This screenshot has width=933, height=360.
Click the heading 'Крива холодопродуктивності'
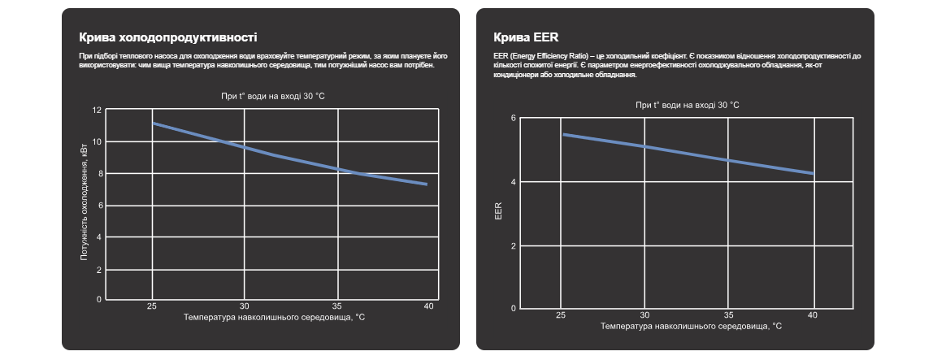pyautogui.click(x=167, y=37)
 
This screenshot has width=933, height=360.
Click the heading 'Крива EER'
pyautogui.click(x=526, y=37)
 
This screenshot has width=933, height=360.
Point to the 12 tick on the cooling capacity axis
pyautogui.click(x=98, y=110)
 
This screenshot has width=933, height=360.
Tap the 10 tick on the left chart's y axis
pyautogui.click(x=98, y=141)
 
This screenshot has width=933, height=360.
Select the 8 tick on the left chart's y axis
pyautogui.click(x=99, y=173)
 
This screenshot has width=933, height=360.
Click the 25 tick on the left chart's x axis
pyautogui.click(x=151, y=306)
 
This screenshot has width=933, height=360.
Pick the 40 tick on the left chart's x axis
pyautogui.click(x=428, y=306)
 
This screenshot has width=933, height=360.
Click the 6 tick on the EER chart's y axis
pyautogui.click(x=514, y=118)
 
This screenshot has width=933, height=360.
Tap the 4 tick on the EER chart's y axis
pyautogui.click(x=514, y=182)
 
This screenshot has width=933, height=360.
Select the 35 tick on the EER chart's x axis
pyautogui.click(x=729, y=315)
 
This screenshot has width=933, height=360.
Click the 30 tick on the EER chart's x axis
pyautogui.click(x=644, y=315)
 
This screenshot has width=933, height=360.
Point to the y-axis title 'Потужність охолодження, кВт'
pyautogui.click(x=84, y=202)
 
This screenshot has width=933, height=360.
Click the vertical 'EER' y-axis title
pyautogui.click(x=499, y=212)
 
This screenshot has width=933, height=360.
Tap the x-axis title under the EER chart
pyautogui.click(x=691, y=326)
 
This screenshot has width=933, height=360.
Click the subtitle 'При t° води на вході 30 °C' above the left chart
pyautogui.click(x=273, y=96)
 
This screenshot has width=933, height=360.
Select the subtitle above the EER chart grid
pyautogui.click(x=688, y=105)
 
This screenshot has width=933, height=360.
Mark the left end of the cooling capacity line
pyautogui.click(x=154, y=124)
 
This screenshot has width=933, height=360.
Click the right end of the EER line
pyautogui.click(x=813, y=174)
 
